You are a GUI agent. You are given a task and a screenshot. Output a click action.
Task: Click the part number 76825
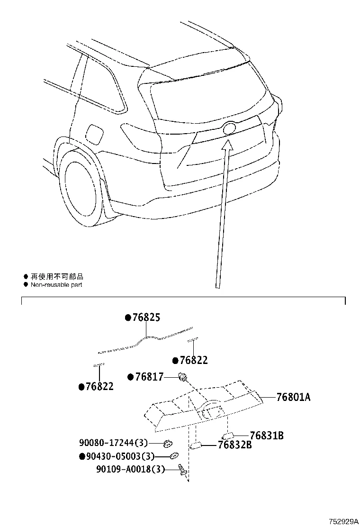click(145, 318)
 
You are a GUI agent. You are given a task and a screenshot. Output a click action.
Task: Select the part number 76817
click(149, 377)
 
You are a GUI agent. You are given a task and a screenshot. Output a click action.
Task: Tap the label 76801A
click(293, 397)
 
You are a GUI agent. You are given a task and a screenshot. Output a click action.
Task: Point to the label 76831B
click(267, 435)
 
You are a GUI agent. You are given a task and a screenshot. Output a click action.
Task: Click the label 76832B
click(234, 445)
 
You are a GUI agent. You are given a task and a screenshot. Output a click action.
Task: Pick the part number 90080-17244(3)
click(114, 443)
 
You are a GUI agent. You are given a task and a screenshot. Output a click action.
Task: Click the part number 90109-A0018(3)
click(130, 469)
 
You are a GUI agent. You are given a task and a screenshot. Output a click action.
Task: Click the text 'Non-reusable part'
click(56, 285)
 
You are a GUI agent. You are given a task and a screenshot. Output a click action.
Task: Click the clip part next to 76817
click(182, 377)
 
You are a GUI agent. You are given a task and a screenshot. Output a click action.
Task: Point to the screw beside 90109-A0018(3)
click(182, 470)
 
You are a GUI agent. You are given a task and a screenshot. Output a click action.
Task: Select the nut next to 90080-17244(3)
click(167, 444)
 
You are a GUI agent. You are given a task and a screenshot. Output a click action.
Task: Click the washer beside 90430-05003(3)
click(174, 456)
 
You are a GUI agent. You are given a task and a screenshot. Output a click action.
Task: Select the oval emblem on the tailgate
click(229, 128)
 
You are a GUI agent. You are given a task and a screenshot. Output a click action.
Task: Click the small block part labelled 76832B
click(197, 445)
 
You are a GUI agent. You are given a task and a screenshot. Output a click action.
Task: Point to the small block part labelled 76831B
click(228, 435)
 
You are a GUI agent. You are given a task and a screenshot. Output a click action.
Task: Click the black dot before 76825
click(127, 318)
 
